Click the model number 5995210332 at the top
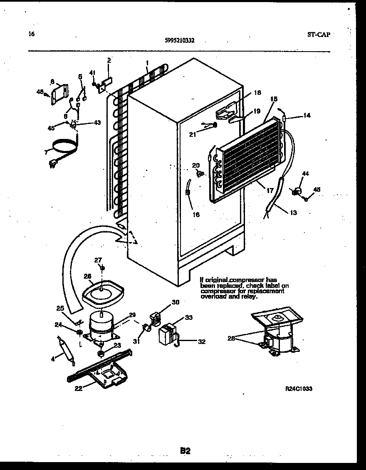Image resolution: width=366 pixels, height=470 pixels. pyautogui.click(x=180, y=41)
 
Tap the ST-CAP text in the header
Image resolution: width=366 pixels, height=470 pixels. pyautogui.click(x=319, y=35)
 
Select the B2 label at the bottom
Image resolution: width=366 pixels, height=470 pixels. pyautogui.click(x=185, y=450)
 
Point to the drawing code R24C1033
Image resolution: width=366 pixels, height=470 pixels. pyautogui.click(x=299, y=388)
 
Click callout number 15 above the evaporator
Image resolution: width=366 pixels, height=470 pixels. pyautogui.click(x=273, y=99)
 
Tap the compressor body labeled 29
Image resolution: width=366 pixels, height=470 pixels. pyautogui.click(x=102, y=324)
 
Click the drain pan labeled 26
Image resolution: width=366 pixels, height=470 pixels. pyautogui.click(x=102, y=291)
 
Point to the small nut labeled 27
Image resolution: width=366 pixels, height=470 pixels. pyautogui.click(x=102, y=267)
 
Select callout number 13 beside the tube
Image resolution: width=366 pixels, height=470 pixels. pyautogui.click(x=293, y=213)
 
